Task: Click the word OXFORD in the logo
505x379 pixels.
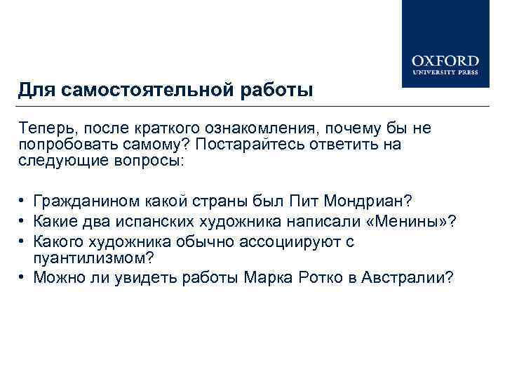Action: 445,60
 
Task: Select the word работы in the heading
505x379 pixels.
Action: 277,91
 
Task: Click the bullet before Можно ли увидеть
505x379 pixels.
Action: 23,277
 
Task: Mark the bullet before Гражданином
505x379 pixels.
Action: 23,202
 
